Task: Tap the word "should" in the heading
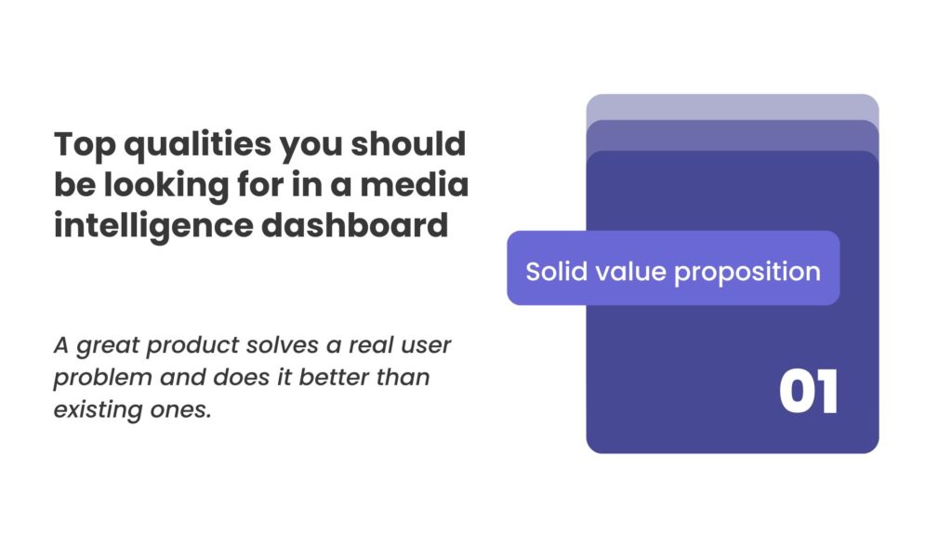[x=408, y=143]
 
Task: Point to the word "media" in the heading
[x=414, y=184]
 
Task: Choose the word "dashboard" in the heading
[x=354, y=225]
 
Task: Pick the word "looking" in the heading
[x=166, y=186]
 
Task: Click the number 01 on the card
[x=808, y=392]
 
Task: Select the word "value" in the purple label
[x=630, y=272]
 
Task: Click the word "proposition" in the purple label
[x=747, y=273]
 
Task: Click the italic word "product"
[x=193, y=346]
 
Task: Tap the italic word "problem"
[x=102, y=378]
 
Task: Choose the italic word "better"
[x=334, y=377]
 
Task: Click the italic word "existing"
[x=98, y=410]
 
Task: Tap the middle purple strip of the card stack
[x=733, y=135]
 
